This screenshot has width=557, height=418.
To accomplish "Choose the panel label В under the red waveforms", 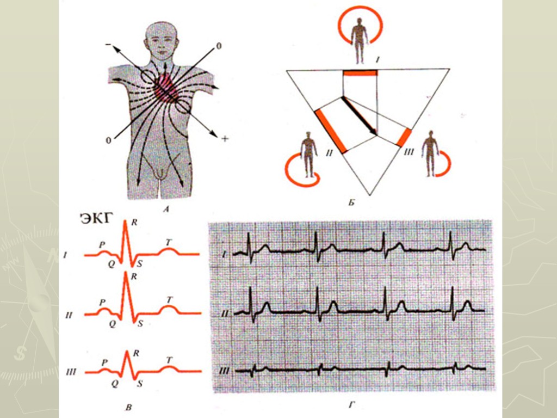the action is tap(127, 405).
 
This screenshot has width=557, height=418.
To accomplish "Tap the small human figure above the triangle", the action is tap(359, 33).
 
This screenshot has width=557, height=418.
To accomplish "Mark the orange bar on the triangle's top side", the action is tap(360, 72).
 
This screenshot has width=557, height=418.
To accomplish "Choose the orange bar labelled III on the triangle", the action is tap(405, 138).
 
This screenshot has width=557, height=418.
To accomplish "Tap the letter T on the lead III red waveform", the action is tap(169, 360).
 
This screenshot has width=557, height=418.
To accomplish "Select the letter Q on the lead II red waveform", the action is tap(112, 323).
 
